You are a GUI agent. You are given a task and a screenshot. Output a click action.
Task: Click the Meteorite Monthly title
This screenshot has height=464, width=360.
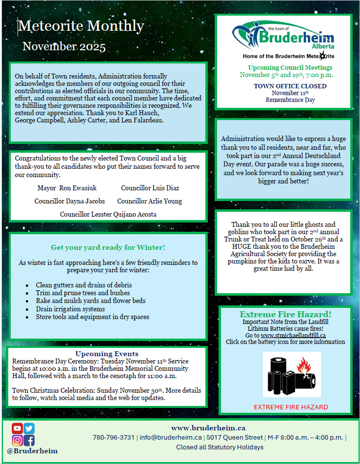click(81, 26)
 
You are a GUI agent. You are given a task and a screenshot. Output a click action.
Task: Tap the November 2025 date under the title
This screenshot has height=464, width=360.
click(64, 47)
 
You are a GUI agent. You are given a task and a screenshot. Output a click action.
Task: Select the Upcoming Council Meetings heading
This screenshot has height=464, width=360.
click(290, 68)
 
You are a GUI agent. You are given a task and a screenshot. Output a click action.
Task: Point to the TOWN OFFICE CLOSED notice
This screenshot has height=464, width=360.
click(290, 86)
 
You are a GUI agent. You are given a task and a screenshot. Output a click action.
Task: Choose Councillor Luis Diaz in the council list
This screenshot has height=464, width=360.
click(150, 188)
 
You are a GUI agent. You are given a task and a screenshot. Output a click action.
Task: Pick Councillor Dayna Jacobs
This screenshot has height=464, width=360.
click(69, 201)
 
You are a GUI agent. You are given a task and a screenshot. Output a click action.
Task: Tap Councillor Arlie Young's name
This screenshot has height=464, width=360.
click(149, 201)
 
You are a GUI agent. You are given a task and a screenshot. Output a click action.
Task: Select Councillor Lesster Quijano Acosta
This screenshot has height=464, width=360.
click(108, 214)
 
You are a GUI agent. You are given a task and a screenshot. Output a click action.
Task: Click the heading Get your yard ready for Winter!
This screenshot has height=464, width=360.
click(108, 247)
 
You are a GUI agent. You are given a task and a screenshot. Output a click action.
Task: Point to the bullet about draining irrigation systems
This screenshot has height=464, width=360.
click(70, 309)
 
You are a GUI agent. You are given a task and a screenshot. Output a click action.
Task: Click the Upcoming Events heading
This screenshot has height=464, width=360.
click(107, 354)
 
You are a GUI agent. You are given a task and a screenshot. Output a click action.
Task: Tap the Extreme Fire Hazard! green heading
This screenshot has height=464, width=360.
click(285, 314)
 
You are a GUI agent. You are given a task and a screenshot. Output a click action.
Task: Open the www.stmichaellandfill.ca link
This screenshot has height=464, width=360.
click(293, 335)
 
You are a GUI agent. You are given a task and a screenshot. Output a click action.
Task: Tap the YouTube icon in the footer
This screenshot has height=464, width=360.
click(18, 428)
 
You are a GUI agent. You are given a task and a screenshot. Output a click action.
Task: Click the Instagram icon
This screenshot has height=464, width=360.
click(18, 441)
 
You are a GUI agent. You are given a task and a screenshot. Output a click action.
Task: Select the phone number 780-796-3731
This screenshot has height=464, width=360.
click(114, 437)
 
